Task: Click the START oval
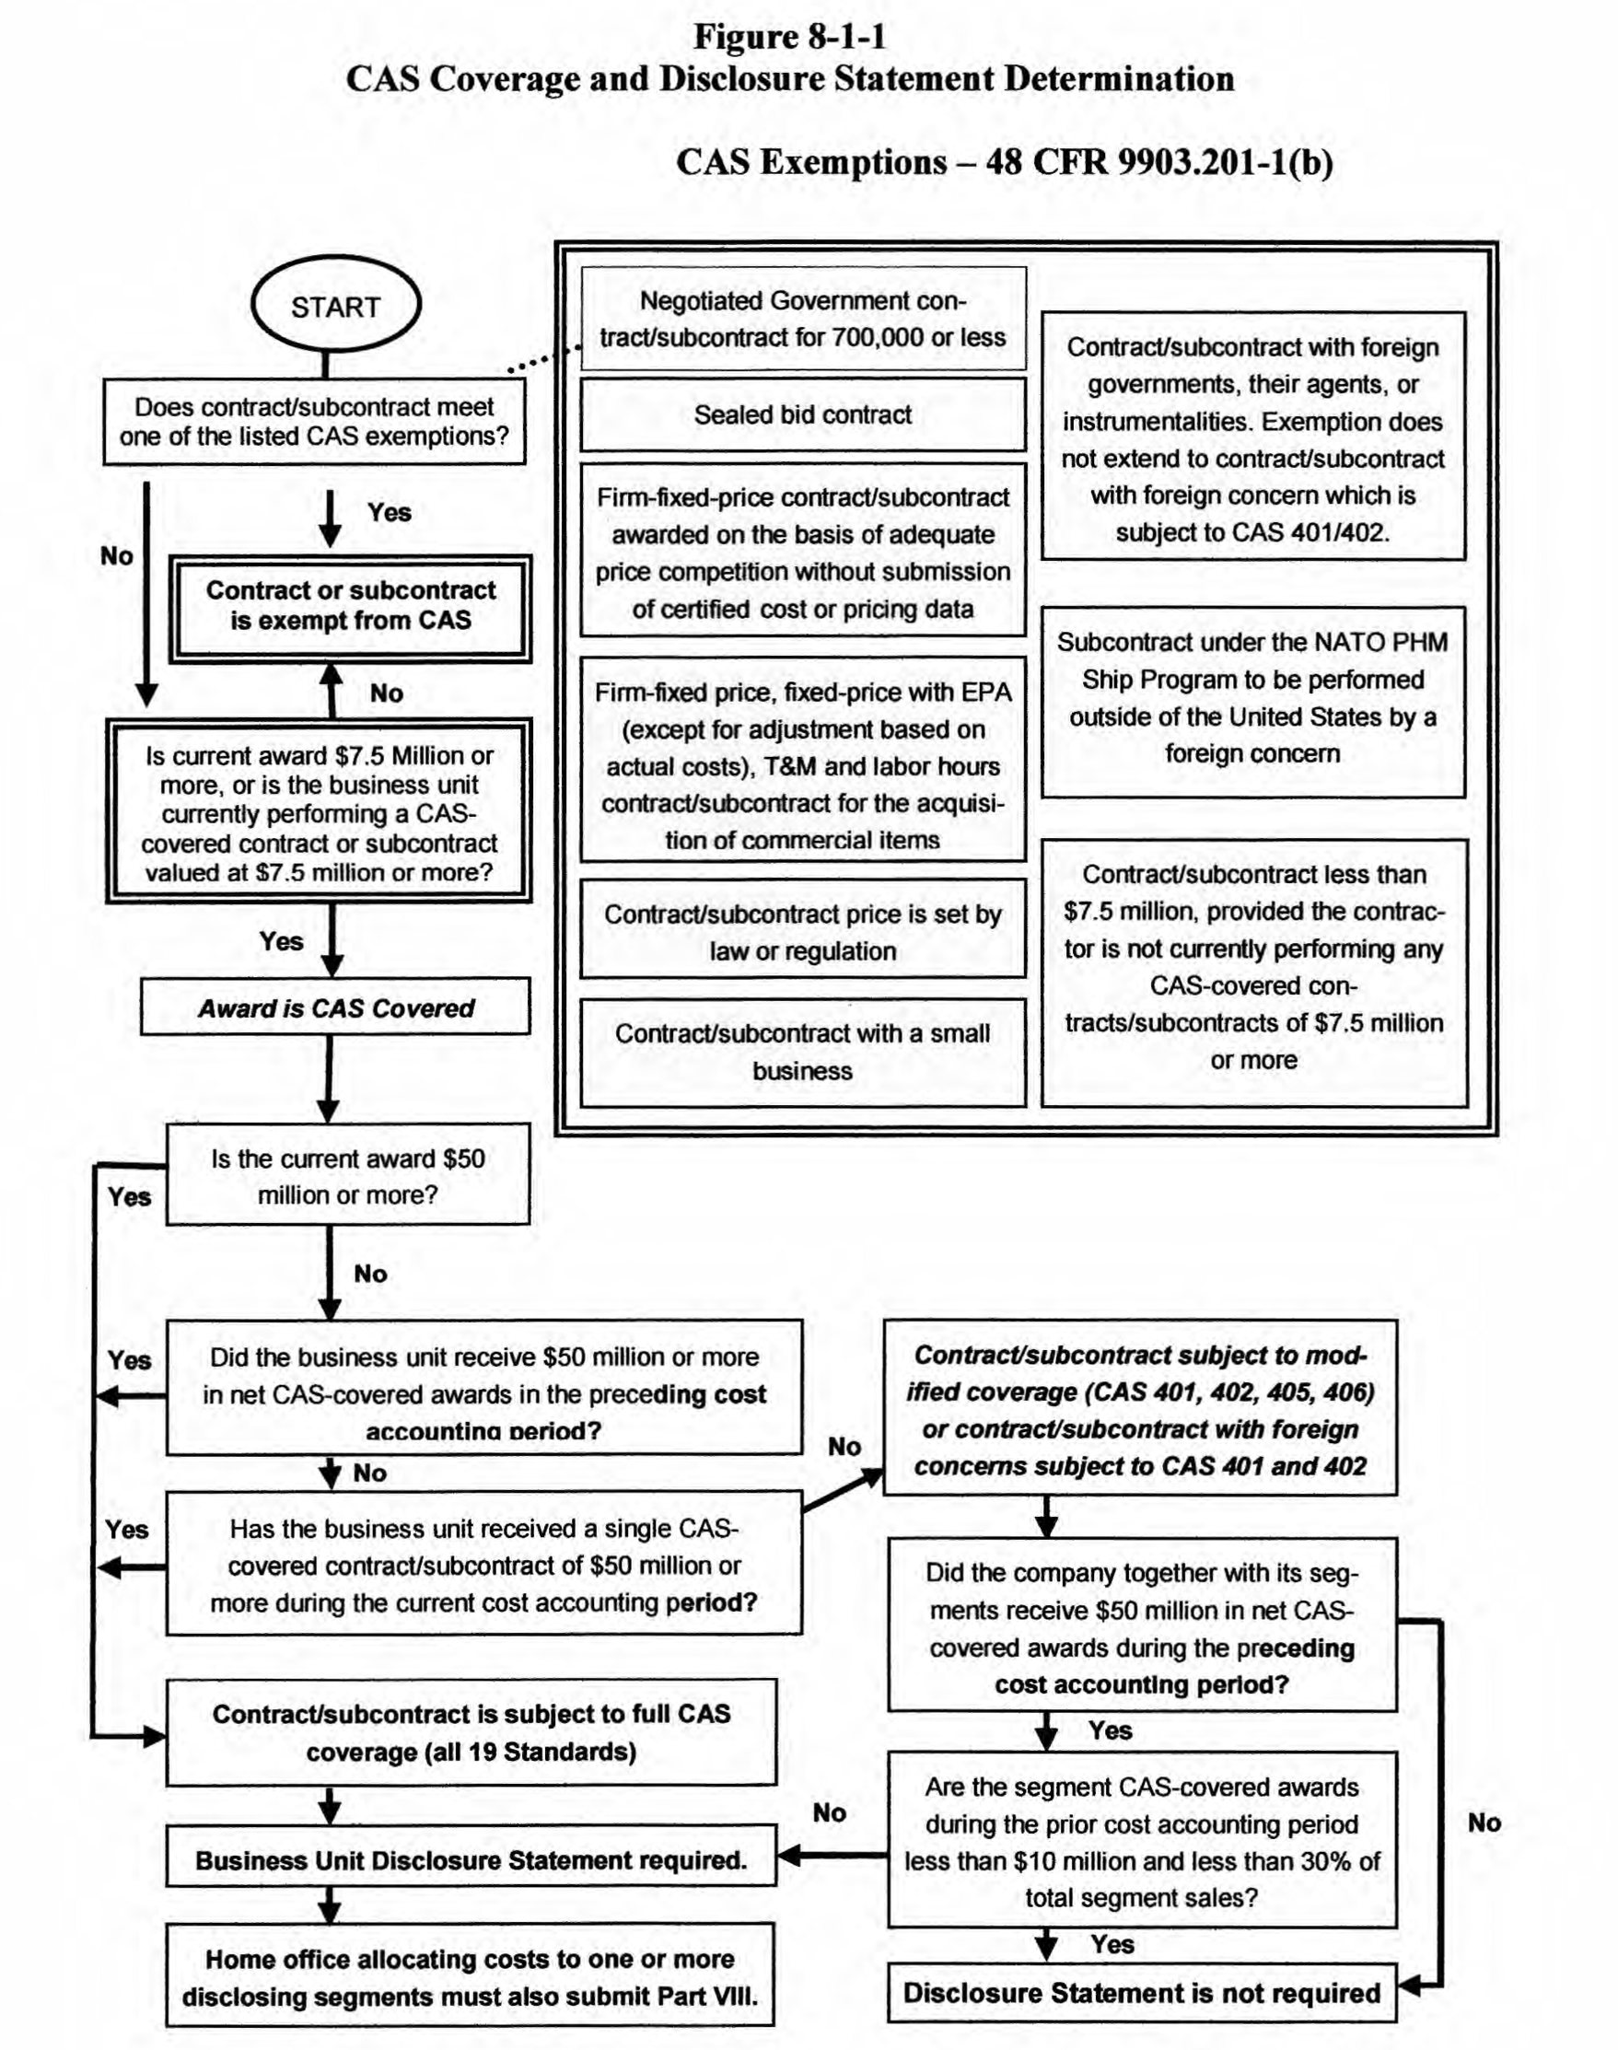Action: [335, 306]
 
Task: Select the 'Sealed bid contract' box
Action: [802, 415]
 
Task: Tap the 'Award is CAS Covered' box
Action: [335, 1007]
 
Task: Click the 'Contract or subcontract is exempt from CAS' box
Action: [351, 606]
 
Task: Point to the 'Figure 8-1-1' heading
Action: [789, 37]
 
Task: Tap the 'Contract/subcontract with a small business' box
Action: [802, 1052]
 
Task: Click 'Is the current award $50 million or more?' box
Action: [348, 1176]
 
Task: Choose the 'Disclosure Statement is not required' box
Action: [1142, 1992]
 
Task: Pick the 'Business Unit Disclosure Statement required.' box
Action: [471, 1859]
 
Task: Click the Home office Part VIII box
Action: [470, 1977]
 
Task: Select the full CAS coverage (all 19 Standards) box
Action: [471, 1732]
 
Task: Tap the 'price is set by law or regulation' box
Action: [802, 931]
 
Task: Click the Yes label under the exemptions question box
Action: [390, 512]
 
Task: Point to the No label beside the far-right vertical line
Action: [1484, 1822]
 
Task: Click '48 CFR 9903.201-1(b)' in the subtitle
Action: [1158, 162]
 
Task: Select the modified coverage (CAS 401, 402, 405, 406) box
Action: [1141, 1410]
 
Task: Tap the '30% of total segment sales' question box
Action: [1142, 1842]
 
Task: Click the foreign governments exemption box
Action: [1252, 438]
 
